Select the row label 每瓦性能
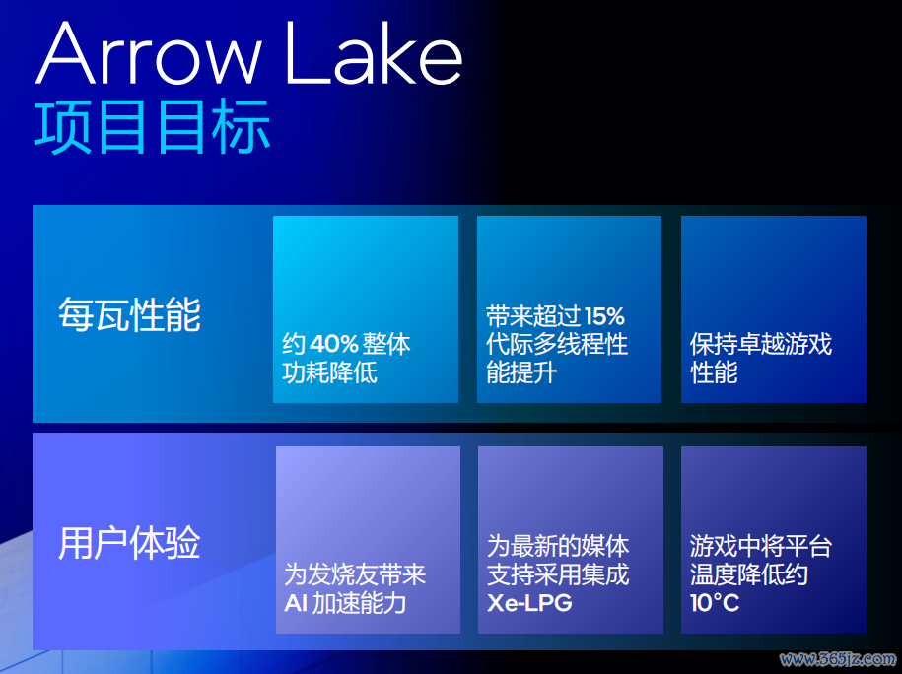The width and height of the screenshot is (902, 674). coord(129,314)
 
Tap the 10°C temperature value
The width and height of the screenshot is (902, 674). coord(715,603)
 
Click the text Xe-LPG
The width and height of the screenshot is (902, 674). coord(529,603)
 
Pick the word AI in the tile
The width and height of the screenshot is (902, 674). coord(296,604)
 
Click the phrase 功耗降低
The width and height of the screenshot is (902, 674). coord(329,372)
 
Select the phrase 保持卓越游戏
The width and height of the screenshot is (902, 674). coord(760,344)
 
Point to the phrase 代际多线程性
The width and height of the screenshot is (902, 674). coord(557,344)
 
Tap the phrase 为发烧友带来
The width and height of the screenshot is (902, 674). coord(355,574)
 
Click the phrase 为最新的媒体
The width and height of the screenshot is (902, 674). coord(558,546)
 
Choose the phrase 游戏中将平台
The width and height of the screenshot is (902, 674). coord(760,546)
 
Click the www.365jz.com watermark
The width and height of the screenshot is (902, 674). coord(838,659)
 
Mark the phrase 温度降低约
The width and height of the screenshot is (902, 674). coord(749,574)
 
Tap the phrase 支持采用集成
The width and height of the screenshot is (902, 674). coord(558,574)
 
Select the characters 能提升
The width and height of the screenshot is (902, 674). coord(521,372)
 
